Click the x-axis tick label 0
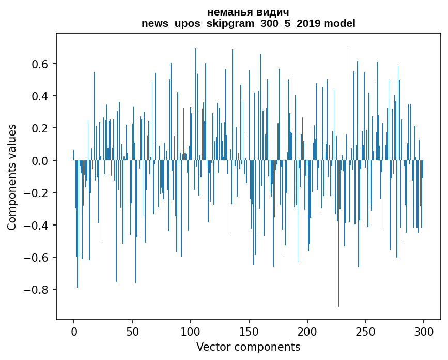(x=74, y=331)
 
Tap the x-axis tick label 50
(x=132, y=331)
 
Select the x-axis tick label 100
(x=191, y=331)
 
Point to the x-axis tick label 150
(x=249, y=331)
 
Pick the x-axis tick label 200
(x=307, y=331)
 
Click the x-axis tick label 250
(x=366, y=331)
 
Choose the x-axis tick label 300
(x=424, y=331)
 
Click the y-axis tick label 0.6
(x=41, y=64)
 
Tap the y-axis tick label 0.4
(x=41, y=96)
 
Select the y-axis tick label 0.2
(x=41, y=128)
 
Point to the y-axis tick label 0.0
(x=41, y=161)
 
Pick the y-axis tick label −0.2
(x=37, y=193)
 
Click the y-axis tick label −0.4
(x=37, y=225)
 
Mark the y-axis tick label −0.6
(x=37, y=257)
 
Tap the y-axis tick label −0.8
(x=37, y=289)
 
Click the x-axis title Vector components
(x=248, y=347)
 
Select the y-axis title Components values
(x=12, y=177)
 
